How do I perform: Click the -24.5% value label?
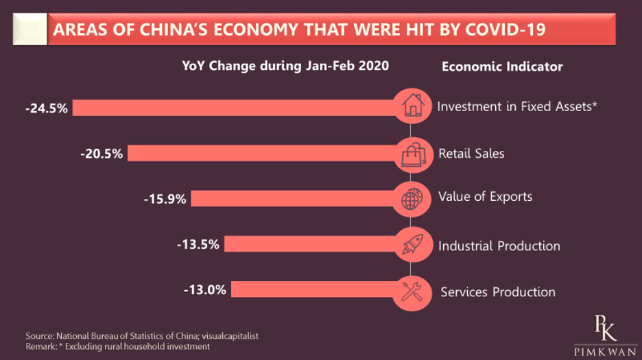47,108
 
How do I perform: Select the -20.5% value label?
102,154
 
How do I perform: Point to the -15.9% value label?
165,199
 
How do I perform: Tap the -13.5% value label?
198,244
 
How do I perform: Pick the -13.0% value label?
205,289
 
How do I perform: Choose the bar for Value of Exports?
295,199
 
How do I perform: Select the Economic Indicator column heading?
502,67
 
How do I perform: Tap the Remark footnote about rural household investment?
117,347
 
